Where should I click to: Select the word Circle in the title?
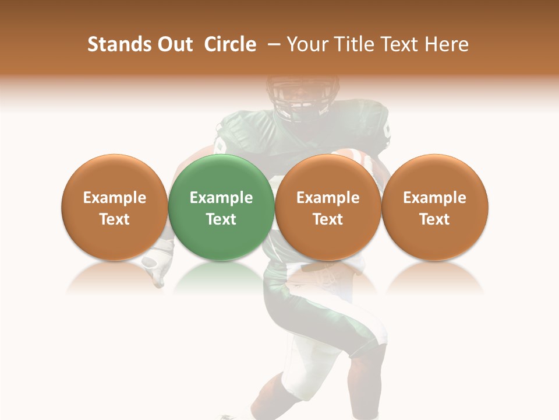click(x=230, y=44)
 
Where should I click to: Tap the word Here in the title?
click(x=447, y=44)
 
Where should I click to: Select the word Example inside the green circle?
click(x=221, y=198)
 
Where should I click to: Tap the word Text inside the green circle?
click(x=221, y=219)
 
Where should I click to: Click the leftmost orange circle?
click(x=115, y=207)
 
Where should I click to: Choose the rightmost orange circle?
click(x=435, y=207)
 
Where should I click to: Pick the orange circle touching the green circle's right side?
click(x=328, y=207)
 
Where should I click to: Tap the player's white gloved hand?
click(x=158, y=262)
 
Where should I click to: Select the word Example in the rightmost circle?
click(x=435, y=198)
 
